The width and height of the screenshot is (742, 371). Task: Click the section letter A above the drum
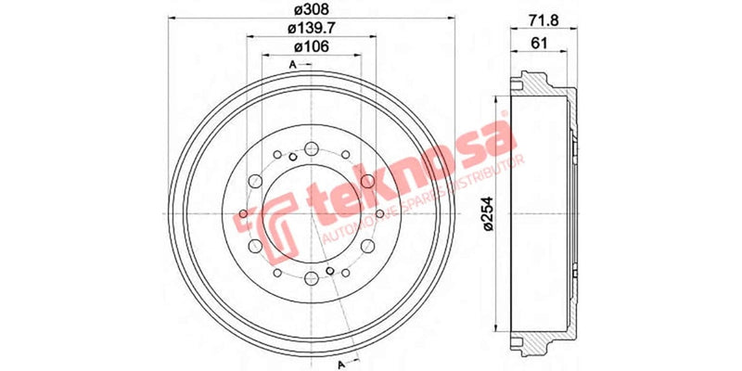(293, 64)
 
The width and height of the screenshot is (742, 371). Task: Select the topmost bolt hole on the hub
(310, 147)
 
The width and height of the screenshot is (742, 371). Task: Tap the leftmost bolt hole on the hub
(244, 215)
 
